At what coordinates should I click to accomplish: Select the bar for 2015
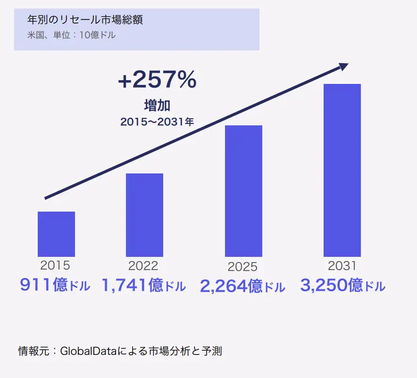click(x=56, y=234)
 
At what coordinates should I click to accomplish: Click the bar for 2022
click(x=144, y=215)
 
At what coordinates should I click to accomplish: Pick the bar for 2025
click(x=243, y=191)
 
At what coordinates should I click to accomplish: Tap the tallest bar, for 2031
click(x=342, y=170)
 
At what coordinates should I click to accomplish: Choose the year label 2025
click(x=242, y=267)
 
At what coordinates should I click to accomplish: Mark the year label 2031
click(x=342, y=265)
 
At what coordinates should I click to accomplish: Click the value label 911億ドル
click(x=55, y=285)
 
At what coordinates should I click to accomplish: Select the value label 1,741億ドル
click(x=144, y=285)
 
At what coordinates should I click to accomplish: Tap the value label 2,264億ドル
click(x=242, y=286)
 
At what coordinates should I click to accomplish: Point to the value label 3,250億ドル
click(x=342, y=285)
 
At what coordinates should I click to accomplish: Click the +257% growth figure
click(x=157, y=81)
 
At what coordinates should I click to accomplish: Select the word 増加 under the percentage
click(x=157, y=105)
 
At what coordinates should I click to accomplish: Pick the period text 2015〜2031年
click(x=157, y=122)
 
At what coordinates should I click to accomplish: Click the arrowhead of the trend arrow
click(x=343, y=66)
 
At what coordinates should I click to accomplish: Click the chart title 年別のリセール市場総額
click(x=85, y=20)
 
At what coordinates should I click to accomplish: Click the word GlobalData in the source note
click(x=90, y=351)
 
